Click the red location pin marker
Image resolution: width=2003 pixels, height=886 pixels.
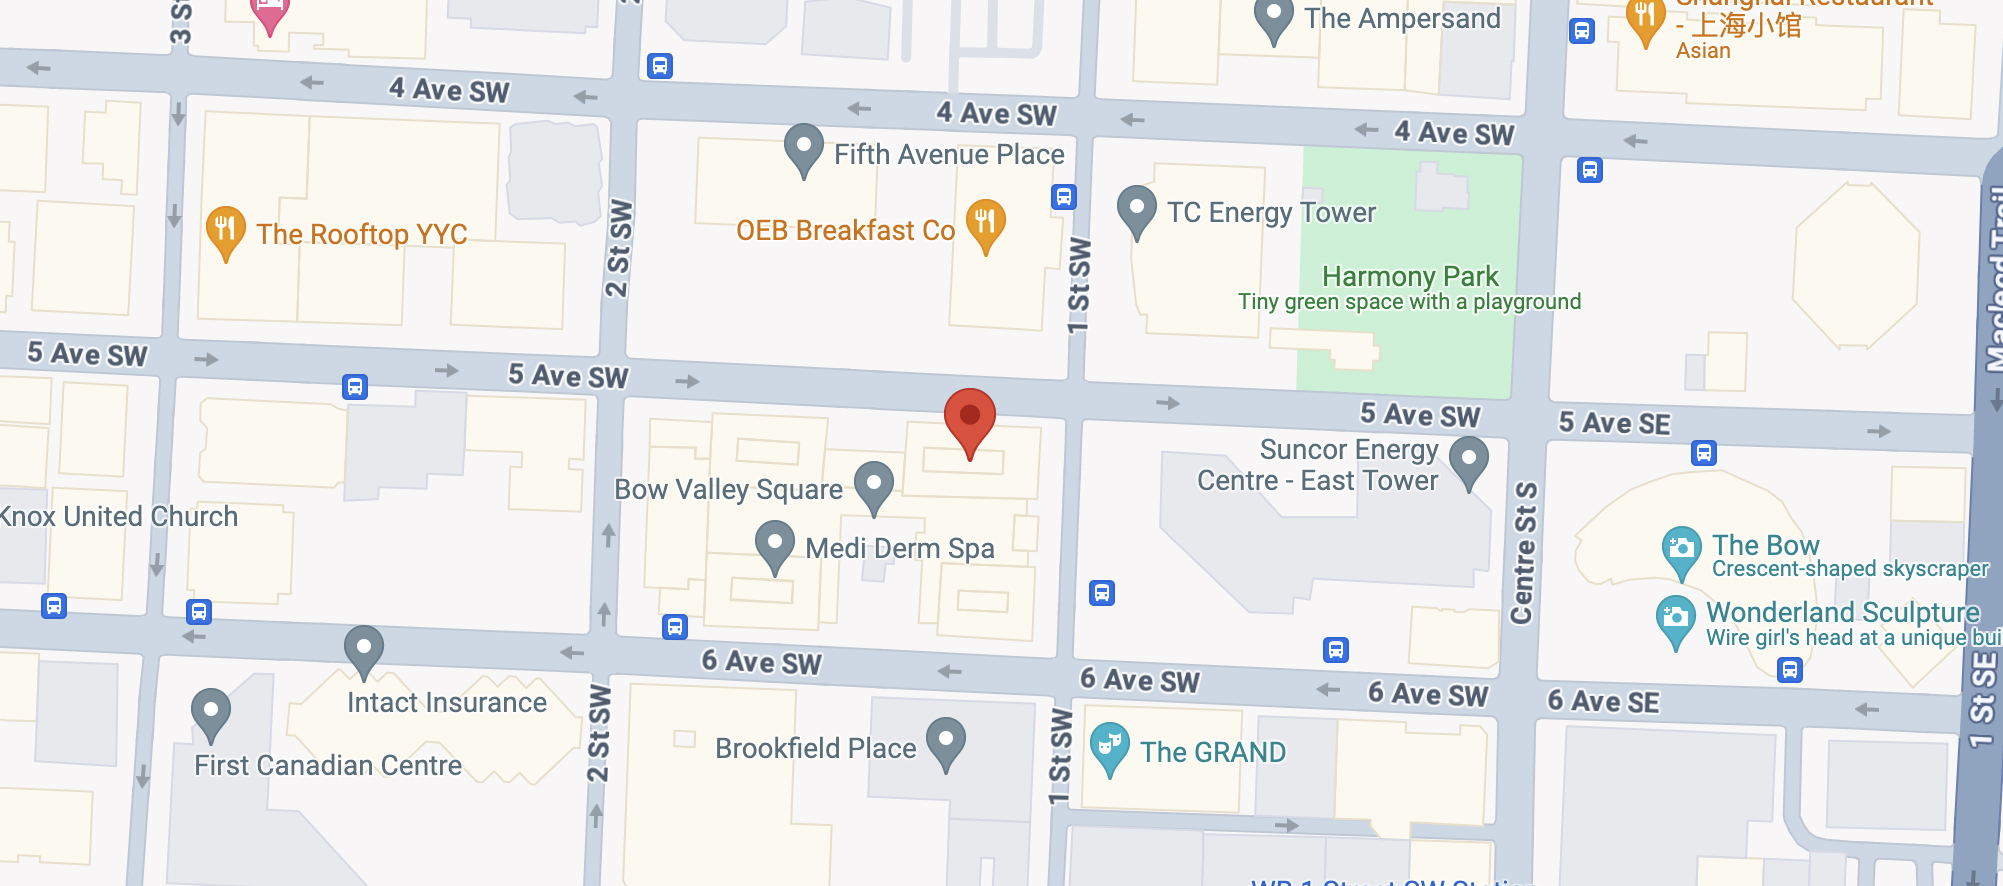[969, 417]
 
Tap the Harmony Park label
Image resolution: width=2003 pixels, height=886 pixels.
[1409, 276]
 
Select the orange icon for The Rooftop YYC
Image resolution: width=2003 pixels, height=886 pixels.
[226, 230]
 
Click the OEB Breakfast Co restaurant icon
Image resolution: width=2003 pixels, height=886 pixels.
[985, 223]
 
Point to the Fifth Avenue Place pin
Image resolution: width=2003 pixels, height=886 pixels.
[803, 148]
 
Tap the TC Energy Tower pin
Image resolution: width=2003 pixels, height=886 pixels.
[1136, 209]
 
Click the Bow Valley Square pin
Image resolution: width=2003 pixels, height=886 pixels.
[873, 485]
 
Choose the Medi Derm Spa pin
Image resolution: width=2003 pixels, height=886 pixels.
[774, 544]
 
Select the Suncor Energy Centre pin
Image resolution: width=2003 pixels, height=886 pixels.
[1468, 461]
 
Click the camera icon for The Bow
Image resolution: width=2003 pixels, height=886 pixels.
[1681, 549]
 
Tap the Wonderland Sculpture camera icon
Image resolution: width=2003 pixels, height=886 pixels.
[1675, 617]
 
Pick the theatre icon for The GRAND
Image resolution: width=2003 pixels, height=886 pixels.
[1109, 746]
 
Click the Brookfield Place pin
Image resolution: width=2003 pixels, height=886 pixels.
[945, 742]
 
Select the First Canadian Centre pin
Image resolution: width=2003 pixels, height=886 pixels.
[210, 712]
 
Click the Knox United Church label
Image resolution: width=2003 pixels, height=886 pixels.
[119, 516]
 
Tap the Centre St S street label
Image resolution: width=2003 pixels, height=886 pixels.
[1524, 553]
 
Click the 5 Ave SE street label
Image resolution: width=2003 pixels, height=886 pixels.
[1614, 423]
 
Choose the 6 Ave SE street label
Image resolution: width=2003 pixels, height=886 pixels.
[1603, 701]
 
